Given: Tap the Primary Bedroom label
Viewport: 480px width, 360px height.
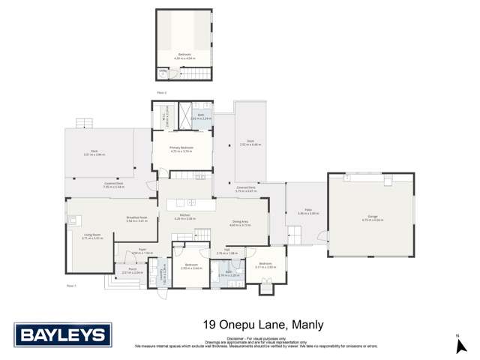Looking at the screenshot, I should [181, 149].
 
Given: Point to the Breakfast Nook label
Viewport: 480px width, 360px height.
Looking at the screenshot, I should [136, 219].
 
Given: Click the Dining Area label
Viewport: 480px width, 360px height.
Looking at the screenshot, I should [240, 223].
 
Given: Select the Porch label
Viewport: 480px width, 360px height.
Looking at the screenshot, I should [132, 271].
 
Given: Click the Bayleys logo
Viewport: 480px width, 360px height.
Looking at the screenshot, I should [63, 334].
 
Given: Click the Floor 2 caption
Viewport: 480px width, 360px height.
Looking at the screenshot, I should [161, 92].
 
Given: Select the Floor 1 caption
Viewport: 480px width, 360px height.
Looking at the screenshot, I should [71, 286].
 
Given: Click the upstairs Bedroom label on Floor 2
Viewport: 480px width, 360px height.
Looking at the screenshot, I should [184, 55].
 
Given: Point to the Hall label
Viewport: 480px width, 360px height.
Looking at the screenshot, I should [226, 252].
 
